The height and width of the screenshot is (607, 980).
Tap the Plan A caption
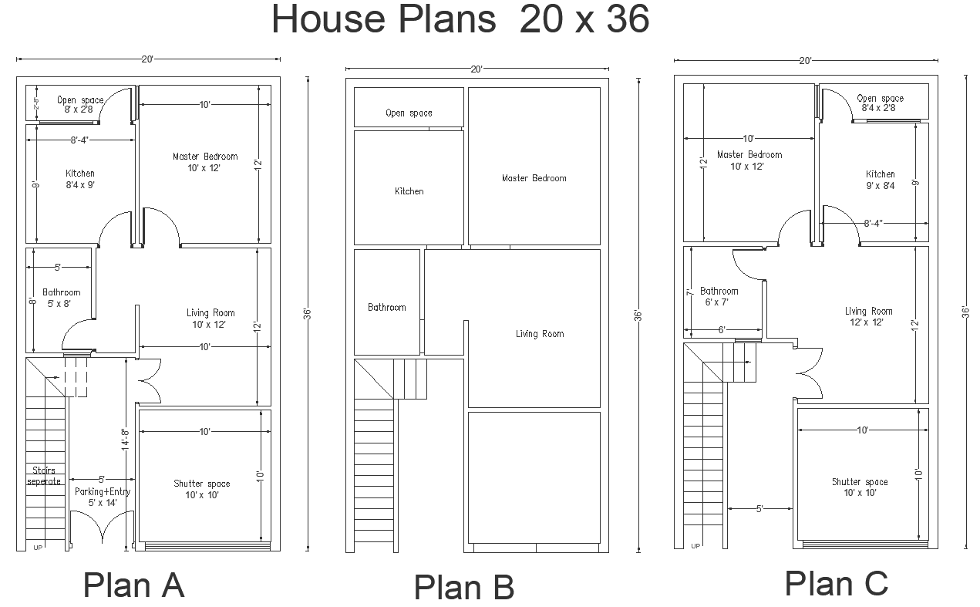pos(134,585)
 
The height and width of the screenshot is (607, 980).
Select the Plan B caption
pos(463,587)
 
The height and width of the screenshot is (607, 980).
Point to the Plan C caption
pos(837,583)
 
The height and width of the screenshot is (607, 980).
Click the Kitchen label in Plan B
pos(409,191)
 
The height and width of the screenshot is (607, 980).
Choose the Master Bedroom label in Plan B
pos(534,178)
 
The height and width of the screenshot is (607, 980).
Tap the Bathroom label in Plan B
pos(387,307)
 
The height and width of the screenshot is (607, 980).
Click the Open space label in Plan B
pos(409,113)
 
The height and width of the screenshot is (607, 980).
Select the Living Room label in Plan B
pos(540,334)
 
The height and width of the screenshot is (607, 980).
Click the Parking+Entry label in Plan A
pos(103,491)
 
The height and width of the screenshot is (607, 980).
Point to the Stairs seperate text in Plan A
pos(44,476)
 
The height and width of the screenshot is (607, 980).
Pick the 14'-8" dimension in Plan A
pos(126,439)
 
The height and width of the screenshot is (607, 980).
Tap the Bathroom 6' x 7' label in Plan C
pos(719,296)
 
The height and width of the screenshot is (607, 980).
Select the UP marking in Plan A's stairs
pos(38,548)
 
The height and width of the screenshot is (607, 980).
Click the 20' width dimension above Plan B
pos(477,69)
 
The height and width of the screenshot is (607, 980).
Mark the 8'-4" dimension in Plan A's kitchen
pos(79,140)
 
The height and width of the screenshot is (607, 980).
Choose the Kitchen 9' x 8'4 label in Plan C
pos(881,180)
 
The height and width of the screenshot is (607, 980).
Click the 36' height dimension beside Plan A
pos(307,314)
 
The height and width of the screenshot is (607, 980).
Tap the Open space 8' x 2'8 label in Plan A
pos(80,105)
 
